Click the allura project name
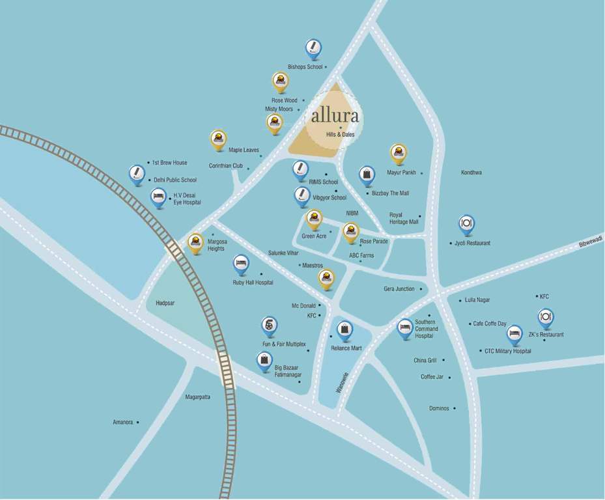click(x=335, y=116)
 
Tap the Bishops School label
click(x=305, y=67)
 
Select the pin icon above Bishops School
click(x=313, y=48)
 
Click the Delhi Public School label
click(x=175, y=180)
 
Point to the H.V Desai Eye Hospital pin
click(x=158, y=197)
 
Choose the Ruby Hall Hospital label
click(x=253, y=283)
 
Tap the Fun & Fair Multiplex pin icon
click(x=269, y=325)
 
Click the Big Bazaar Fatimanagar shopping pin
click(x=264, y=361)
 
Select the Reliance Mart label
click(x=346, y=348)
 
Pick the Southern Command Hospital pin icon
click(x=405, y=327)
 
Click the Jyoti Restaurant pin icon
click(x=466, y=224)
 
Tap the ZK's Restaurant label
click(x=546, y=335)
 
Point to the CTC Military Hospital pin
click(x=514, y=334)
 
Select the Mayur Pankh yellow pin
click(x=399, y=153)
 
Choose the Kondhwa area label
click(x=471, y=173)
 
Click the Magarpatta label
click(x=197, y=397)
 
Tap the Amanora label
click(x=122, y=423)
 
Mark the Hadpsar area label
click(x=165, y=303)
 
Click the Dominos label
click(x=439, y=409)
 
